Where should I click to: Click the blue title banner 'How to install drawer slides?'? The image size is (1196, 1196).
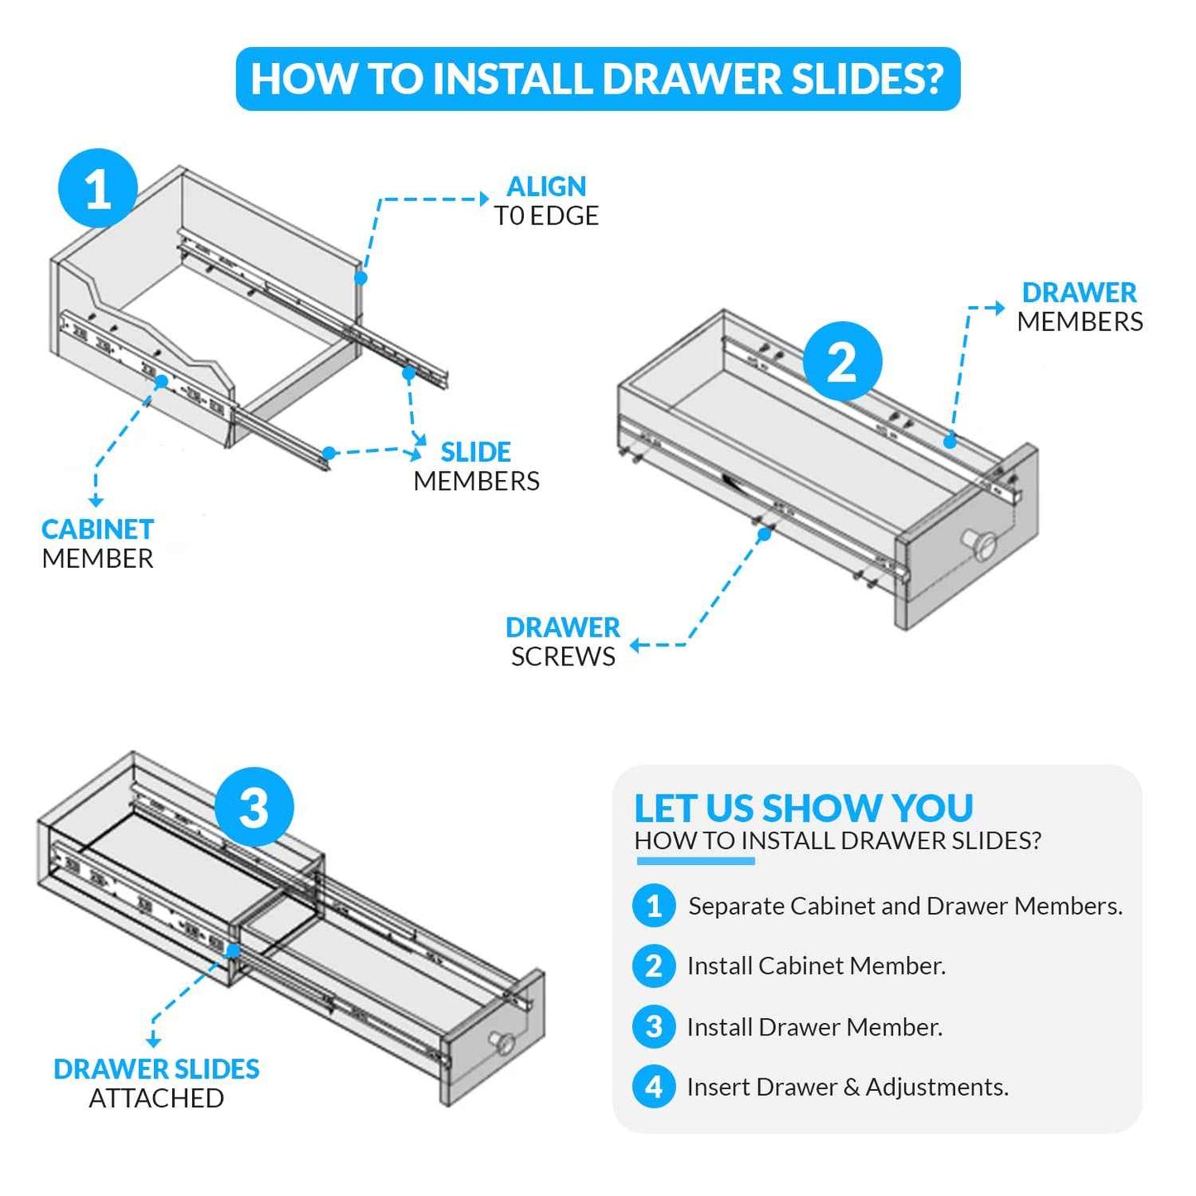pos(598,79)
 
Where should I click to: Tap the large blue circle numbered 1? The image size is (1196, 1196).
pos(98,190)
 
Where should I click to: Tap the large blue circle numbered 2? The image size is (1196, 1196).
pos(842,362)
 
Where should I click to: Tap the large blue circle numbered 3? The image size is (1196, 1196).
pos(253,807)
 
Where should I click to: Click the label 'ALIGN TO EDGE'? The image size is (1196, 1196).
pos(546,201)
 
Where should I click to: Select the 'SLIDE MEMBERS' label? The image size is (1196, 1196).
pos(476,467)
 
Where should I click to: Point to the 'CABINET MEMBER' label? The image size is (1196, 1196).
pos(98,544)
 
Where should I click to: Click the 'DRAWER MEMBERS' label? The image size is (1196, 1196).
pos(1079,307)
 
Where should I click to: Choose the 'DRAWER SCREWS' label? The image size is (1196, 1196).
pos(563,641)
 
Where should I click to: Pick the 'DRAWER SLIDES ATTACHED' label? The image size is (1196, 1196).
pos(156,1083)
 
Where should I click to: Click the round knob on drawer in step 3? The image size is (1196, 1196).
pos(501,1041)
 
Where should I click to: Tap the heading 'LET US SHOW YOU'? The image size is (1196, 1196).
pos(803,808)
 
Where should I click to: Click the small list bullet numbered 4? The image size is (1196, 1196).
pos(654,1086)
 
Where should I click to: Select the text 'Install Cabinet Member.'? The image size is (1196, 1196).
pos(816,966)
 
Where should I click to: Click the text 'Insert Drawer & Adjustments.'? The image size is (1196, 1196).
pos(848,1087)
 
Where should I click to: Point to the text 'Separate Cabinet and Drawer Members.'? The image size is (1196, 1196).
pos(905,905)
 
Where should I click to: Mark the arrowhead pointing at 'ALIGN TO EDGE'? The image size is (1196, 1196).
pos(484,199)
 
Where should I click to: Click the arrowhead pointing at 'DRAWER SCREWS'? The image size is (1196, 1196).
pos(636,645)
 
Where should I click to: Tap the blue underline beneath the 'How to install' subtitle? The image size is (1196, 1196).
pos(695,862)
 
